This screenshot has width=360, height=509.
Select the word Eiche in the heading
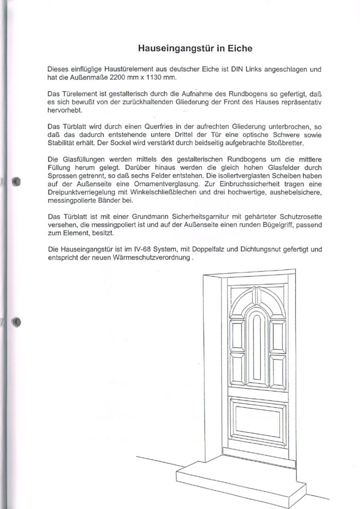tap(238, 49)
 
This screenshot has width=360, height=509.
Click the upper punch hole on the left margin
tap(16, 180)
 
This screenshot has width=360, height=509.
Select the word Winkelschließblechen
tap(182, 192)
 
